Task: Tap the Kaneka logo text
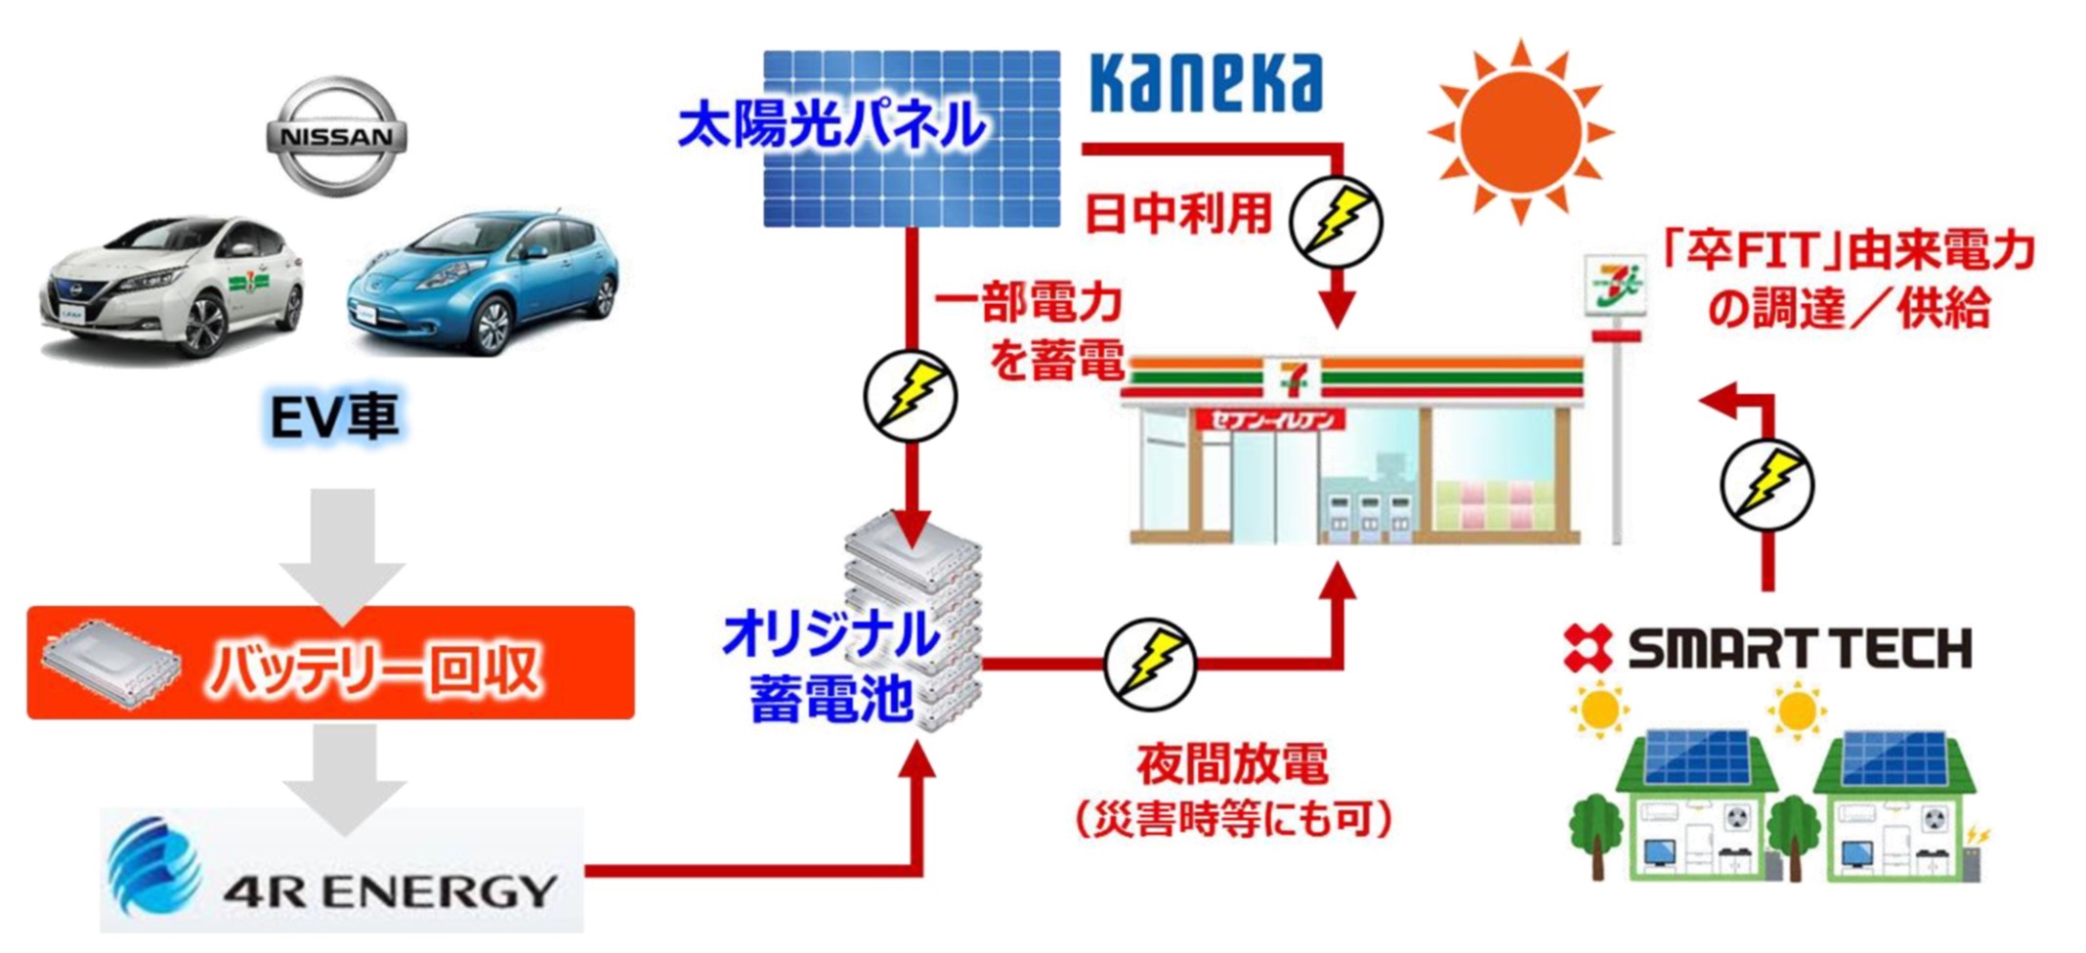click(1206, 83)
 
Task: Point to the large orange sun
click(1519, 131)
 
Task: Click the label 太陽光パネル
click(831, 125)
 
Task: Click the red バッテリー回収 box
click(330, 664)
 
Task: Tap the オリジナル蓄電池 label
click(830, 667)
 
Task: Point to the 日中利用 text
click(1178, 214)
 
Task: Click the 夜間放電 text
click(1232, 764)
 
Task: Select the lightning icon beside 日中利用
click(1336, 222)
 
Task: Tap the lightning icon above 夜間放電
click(1150, 664)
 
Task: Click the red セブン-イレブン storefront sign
click(1270, 421)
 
